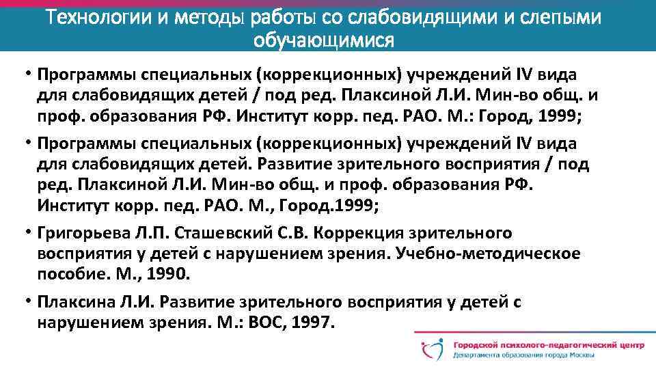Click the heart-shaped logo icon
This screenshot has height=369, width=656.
tap(432, 350)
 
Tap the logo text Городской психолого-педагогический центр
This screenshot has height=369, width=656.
tap(548, 346)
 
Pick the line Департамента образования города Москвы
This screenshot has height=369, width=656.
tap(523, 355)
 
